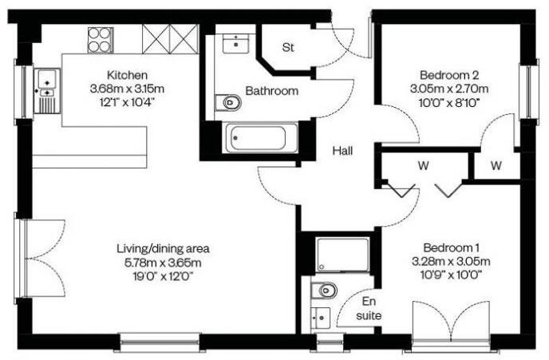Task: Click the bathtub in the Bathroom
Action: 261,138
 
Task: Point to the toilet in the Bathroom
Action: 230,102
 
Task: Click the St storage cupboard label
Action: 288,47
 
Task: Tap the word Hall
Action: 344,150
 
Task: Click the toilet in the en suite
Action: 326,290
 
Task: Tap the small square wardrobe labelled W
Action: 496,166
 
